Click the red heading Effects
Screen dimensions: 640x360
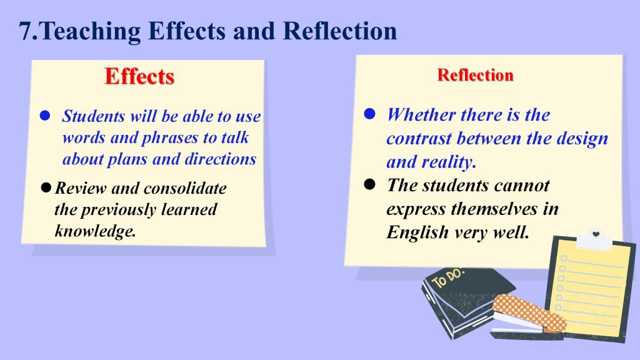(x=139, y=76)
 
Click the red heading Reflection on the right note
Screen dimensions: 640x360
(x=475, y=75)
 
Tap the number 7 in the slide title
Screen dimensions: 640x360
(x=26, y=31)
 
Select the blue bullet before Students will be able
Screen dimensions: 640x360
(x=45, y=116)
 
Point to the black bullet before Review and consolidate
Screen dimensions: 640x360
(x=46, y=187)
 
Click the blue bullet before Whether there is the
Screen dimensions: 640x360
(x=369, y=114)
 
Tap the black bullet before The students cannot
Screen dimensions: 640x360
(x=369, y=184)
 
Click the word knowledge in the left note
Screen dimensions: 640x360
(x=94, y=231)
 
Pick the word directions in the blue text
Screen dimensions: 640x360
(x=221, y=159)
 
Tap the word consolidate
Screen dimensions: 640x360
(x=185, y=188)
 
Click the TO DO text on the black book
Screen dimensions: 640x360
(x=448, y=278)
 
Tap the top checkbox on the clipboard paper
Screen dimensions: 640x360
(x=564, y=258)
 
